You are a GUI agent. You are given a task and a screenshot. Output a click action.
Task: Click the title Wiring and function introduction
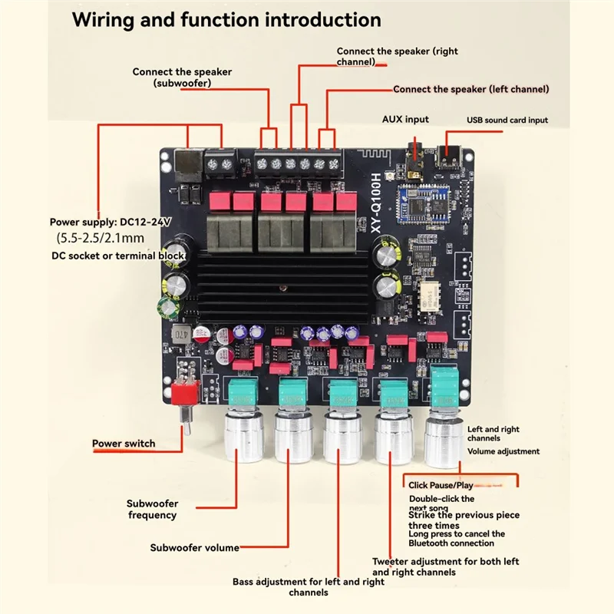[226, 21]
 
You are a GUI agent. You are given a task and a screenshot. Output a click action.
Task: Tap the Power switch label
[124, 443]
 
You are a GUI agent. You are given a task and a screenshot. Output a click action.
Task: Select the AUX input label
[405, 119]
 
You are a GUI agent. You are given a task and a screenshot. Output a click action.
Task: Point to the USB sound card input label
[507, 120]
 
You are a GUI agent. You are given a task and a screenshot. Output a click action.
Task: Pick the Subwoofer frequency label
[152, 509]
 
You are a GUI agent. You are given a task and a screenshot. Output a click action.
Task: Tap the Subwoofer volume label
[194, 547]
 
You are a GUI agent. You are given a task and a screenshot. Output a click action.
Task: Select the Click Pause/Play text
[441, 485]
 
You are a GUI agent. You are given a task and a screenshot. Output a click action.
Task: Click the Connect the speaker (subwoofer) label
[182, 77]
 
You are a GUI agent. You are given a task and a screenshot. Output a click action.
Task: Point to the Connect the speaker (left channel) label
[471, 89]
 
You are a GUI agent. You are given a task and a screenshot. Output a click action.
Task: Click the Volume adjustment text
[503, 451]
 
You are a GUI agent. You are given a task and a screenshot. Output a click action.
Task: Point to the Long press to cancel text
[457, 533]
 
